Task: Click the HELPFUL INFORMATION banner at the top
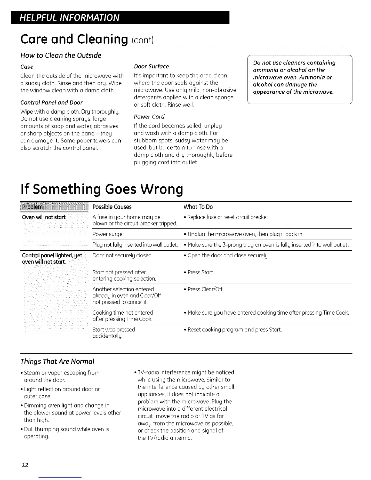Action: coord(69,17)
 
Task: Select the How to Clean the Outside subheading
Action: coord(61,55)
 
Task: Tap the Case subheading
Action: coord(27,67)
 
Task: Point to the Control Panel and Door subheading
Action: coord(51,102)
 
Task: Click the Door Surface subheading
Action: coord(151,66)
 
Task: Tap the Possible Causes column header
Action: coord(112,207)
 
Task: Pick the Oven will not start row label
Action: coord(44,217)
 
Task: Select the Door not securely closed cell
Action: coord(122,255)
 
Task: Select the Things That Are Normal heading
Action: coord(57,362)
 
